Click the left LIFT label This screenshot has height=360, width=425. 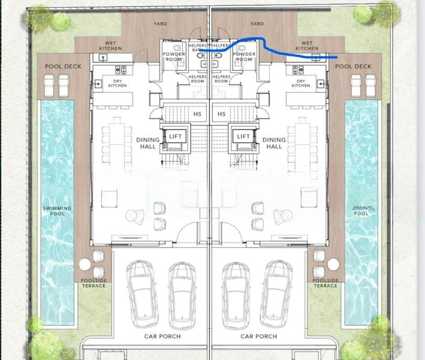pyautogui.click(x=175, y=136)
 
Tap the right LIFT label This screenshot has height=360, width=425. pyautogui.click(x=243, y=136)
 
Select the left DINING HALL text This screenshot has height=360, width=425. pyautogui.click(x=148, y=143)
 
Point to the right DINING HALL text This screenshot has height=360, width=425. pyautogui.click(x=274, y=143)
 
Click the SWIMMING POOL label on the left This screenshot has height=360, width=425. pyautogui.click(x=57, y=211)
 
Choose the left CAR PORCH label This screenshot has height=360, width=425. pyautogui.click(x=162, y=336)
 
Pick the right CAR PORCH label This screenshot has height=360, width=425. pyautogui.click(x=259, y=336)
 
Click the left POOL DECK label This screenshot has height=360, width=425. pyautogui.click(x=58, y=66)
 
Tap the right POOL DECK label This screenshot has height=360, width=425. pyautogui.click(x=354, y=66)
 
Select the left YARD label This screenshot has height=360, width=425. pyautogui.click(x=160, y=24)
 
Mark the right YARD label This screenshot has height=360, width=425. pyautogui.click(x=256, y=24)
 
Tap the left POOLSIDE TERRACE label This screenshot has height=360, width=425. pyautogui.click(x=93, y=283)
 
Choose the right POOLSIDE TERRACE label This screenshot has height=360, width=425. pyautogui.click(x=325, y=283)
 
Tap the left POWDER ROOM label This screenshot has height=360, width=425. pyautogui.click(x=173, y=57)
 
